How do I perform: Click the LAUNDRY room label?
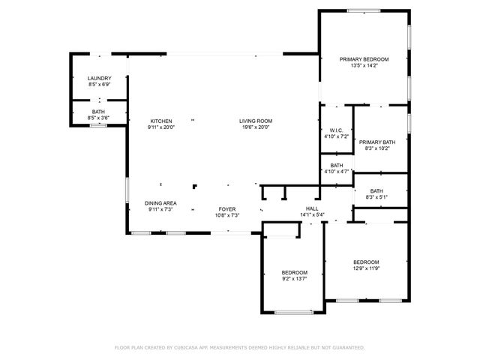tap(100, 79)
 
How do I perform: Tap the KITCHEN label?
tap(161, 121)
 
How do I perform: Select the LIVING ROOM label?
tap(256, 121)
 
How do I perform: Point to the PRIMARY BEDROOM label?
tap(364, 59)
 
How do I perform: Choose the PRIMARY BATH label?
tap(376, 142)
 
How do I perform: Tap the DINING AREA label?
tap(160, 203)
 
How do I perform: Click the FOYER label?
tap(227, 209)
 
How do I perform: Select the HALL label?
tap(312, 208)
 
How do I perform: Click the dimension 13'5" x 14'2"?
tap(364, 66)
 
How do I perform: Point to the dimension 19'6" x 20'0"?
tap(256, 127)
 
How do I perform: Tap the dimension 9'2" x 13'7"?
tap(295, 278)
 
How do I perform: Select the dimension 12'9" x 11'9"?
tap(366, 268)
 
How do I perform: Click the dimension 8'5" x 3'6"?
tap(99, 118)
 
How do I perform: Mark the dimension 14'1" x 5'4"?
tap(312, 214)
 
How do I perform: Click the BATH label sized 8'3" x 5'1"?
tap(376, 191)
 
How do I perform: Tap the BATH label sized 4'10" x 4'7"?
tap(337, 166)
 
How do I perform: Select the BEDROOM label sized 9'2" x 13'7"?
tap(295, 272)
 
